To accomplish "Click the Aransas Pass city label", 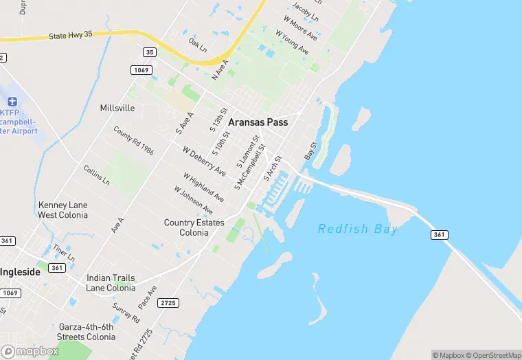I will [x=258, y=122].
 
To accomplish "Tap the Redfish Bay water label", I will [x=357, y=229].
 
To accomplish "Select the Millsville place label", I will [x=117, y=109].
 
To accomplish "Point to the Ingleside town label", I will [x=20, y=271].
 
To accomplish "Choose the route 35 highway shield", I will [x=150, y=52].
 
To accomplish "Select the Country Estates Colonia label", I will [x=194, y=227].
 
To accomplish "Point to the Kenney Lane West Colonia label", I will [x=63, y=210].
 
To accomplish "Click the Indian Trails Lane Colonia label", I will [x=111, y=283].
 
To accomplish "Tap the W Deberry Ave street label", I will [x=204, y=161].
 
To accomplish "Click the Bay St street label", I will [x=314, y=151].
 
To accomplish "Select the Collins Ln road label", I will [x=96, y=175].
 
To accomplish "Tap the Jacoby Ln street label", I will [x=305, y=12].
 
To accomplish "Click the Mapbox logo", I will [x=31, y=351].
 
